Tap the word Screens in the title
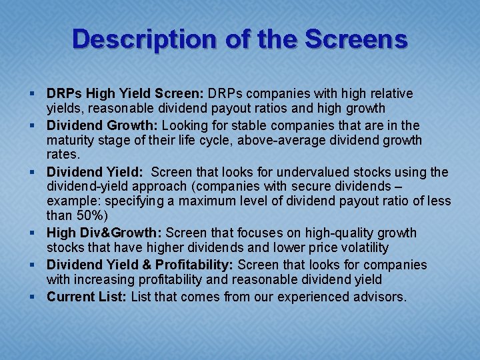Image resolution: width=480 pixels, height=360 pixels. pyautogui.click(x=357, y=39)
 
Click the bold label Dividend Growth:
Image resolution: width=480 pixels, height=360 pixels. pyautogui.click(x=102, y=125)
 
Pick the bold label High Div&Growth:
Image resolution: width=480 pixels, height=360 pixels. pyautogui.click(x=104, y=233)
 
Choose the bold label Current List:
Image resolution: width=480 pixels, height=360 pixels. pyautogui.click(x=87, y=297)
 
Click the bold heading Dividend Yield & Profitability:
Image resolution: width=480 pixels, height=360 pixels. pyautogui.click(x=142, y=265)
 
